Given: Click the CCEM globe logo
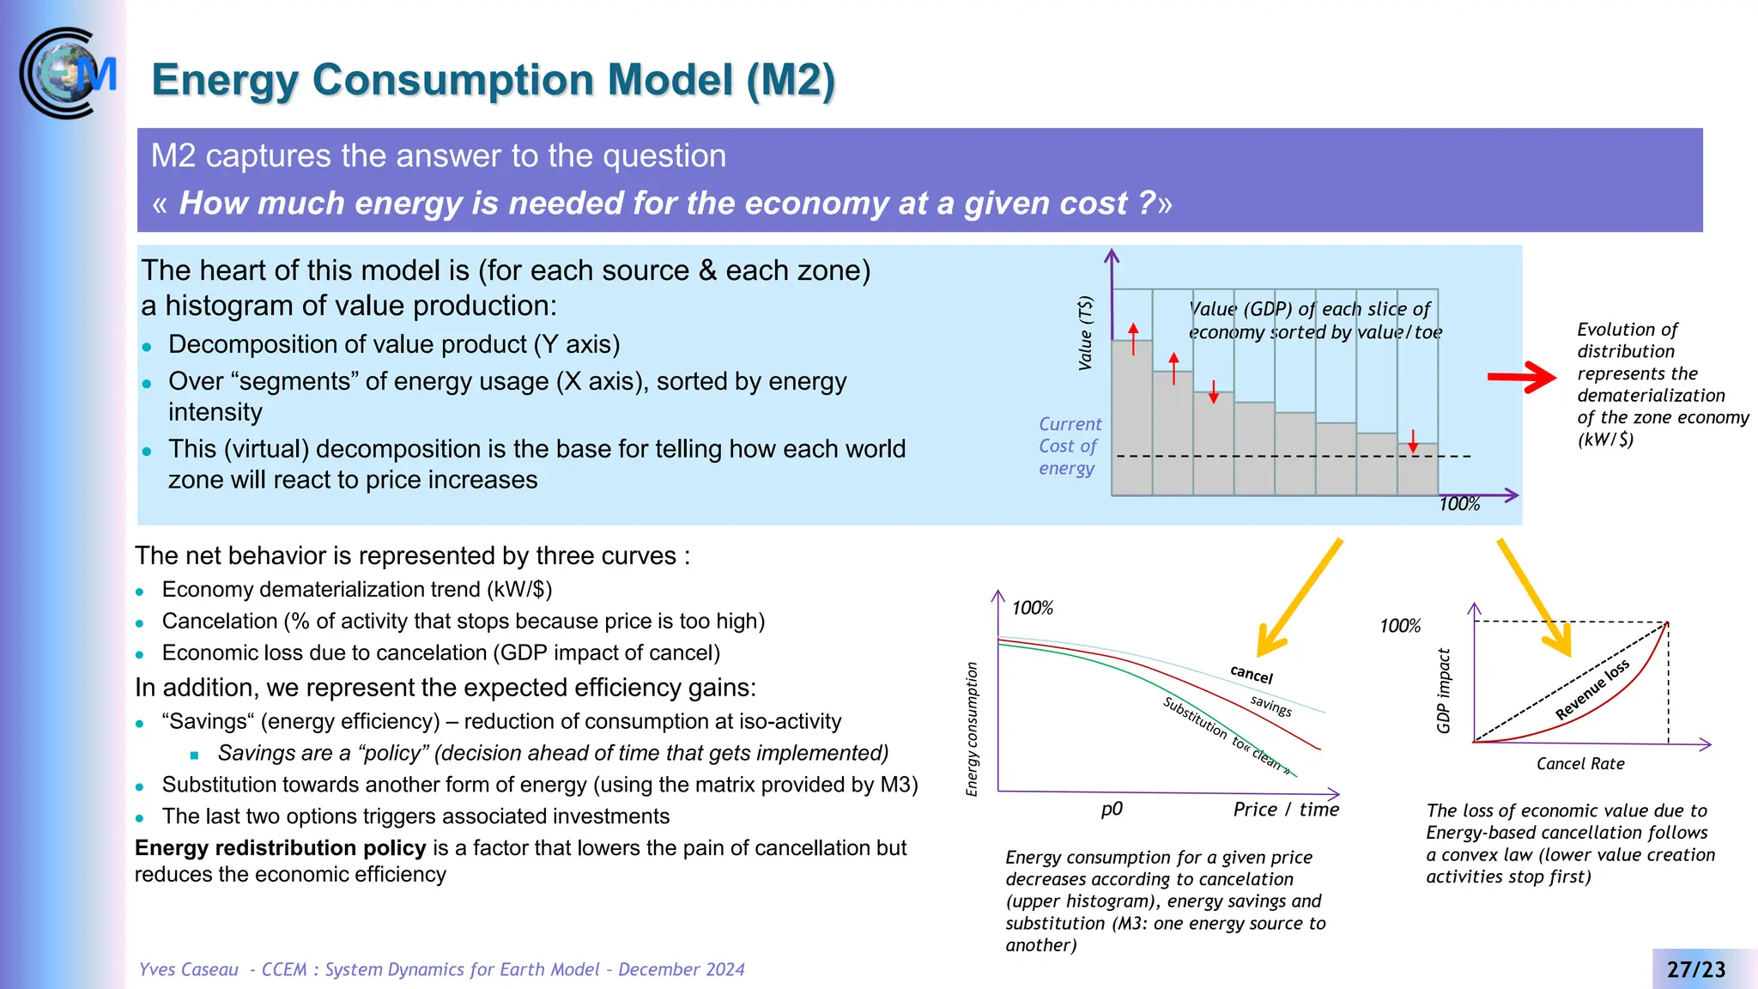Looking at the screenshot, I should coord(64,74).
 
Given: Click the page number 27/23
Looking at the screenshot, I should coord(1695,969).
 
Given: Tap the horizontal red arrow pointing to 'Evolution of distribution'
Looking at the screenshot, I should coord(1520,377).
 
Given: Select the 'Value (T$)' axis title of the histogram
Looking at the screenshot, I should coord(1086,333).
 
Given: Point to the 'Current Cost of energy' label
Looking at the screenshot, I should coord(1069,446).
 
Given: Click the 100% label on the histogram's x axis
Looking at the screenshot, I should coord(1459,505).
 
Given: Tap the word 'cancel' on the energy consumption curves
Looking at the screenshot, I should coord(1251,675).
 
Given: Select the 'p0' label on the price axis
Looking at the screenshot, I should coord(1111,810).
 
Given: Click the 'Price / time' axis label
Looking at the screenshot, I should coord(1285,810).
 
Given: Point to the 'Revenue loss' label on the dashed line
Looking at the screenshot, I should coord(1591,690).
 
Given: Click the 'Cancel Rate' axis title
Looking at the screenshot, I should coord(1579,764).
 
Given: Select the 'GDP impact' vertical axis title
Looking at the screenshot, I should coord(1444,691).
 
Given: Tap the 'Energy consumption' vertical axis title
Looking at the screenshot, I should coord(972,729).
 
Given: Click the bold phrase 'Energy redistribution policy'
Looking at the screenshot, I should coord(280,848).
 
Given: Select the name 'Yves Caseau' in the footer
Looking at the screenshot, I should coord(189,969).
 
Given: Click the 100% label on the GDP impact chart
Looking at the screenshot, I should coord(1399,627).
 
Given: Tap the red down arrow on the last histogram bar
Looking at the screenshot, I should coord(1413,441).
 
